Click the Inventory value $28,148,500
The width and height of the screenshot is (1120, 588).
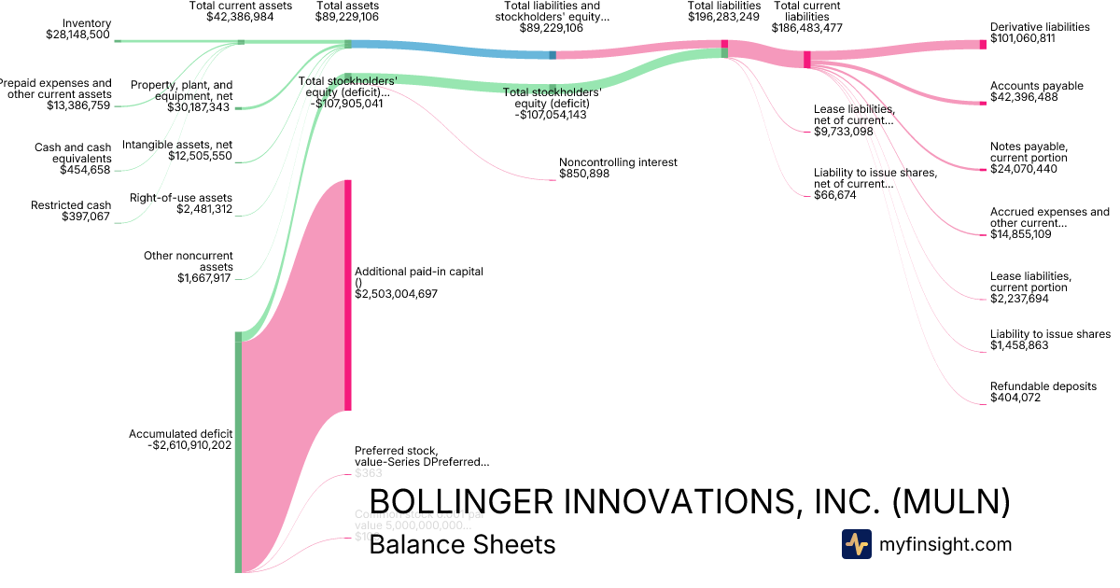click(77, 35)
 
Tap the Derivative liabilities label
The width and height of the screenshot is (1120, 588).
click(1039, 27)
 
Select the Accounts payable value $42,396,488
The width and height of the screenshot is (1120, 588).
click(1025, 97)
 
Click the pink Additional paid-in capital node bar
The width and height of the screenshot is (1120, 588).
click(348, 294)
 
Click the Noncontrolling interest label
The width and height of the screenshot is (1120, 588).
click(618, 162)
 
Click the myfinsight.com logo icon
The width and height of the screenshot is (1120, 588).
click(856, 544)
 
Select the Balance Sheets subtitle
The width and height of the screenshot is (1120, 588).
click(462, 544)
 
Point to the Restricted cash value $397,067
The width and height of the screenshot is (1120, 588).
click(86, 217)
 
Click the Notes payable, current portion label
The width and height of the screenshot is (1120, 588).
click(1029, 152)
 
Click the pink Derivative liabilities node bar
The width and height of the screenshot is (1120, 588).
click(982, 44)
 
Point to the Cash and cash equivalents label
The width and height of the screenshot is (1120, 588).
click(72, 153)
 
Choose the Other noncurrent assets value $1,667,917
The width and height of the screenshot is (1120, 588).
click(204, 277)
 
